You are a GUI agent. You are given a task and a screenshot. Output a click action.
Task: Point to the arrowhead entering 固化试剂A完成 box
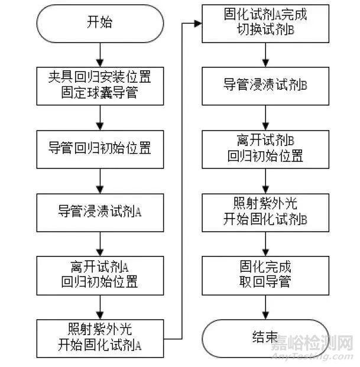[x=197, y=24]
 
